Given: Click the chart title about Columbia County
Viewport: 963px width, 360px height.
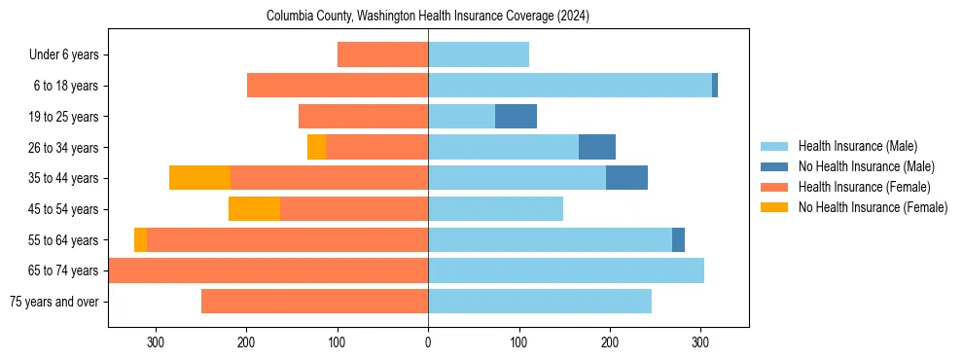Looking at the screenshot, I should tap(428, 17).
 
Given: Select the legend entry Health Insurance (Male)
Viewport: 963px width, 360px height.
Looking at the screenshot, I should tap(856, 146).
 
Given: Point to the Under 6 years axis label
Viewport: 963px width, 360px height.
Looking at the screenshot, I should tap(70, 55).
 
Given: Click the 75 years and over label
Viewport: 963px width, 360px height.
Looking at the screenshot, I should tap(54, 302).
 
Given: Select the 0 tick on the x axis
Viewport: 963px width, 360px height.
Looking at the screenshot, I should tap(428, 342).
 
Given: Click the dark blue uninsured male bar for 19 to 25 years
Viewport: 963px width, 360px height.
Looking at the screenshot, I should tap(516, 117).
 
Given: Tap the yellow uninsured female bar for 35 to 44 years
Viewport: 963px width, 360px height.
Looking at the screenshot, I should tap(199, 178).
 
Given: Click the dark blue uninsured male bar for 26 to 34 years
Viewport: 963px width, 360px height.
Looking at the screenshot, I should tap(597, 147).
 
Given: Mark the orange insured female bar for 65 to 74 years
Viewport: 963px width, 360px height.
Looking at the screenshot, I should tap(268, 270).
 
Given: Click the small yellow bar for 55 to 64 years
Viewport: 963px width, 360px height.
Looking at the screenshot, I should tap(140, 239).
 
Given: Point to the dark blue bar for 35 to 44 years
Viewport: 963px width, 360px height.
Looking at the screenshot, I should tap(626, 178).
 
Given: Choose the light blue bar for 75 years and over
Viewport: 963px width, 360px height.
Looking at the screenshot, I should tap(540, 302).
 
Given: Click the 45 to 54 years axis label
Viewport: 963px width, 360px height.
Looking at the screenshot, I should tap(65, 209).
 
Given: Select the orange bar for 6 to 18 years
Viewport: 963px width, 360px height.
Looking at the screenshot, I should tap(338, 86).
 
